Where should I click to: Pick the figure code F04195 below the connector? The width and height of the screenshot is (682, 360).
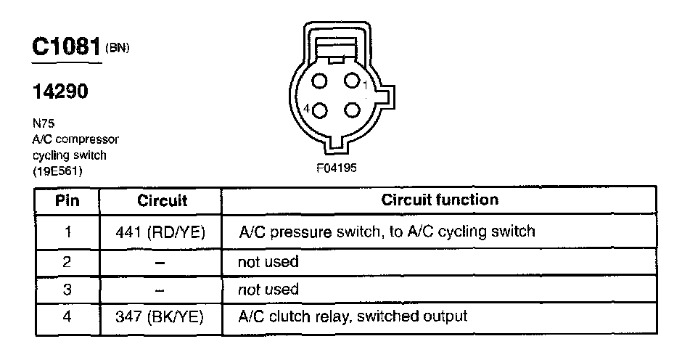click(337, 168)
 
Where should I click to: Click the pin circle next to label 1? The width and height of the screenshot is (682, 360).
click(352, 81)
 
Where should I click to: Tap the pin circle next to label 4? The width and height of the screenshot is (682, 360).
click(321, 110)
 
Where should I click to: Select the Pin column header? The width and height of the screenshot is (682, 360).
click(67, 200)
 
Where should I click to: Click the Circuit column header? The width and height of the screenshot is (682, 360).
click(161, 200)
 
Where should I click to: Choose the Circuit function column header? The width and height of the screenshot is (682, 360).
click(440, 200)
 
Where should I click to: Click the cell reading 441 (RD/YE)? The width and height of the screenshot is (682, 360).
click(161, 232)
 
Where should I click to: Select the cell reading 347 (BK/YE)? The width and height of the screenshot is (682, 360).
click(161, 316)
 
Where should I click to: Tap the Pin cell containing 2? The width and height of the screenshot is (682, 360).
click(67, 261)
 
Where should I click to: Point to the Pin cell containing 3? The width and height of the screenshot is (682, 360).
click(67, 289)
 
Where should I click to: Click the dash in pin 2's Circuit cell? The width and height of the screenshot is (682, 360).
click(161, 261)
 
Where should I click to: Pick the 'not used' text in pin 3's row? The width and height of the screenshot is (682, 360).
click(268, 289)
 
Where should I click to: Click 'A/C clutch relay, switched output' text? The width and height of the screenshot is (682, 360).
click(352, 316)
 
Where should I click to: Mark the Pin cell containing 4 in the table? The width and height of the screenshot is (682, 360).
click(67, 316)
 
